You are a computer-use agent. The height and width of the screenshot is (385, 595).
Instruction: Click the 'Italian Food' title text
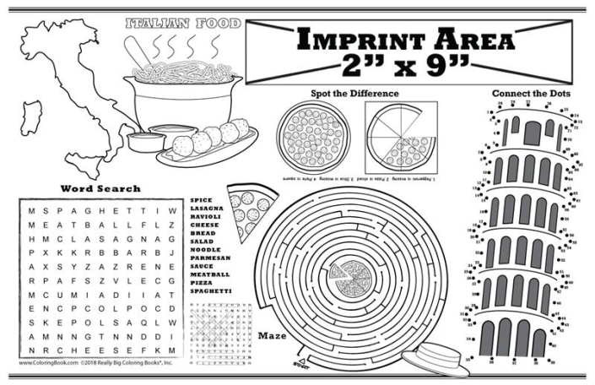point(181,24)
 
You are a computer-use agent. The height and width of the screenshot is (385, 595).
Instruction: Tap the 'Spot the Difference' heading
point(343,93)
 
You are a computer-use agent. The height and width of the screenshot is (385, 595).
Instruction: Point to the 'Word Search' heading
point(95,187)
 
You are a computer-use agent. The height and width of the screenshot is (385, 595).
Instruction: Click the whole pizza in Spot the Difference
point(313,135)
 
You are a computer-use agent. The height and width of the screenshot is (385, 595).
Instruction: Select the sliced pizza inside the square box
point(400,136)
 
